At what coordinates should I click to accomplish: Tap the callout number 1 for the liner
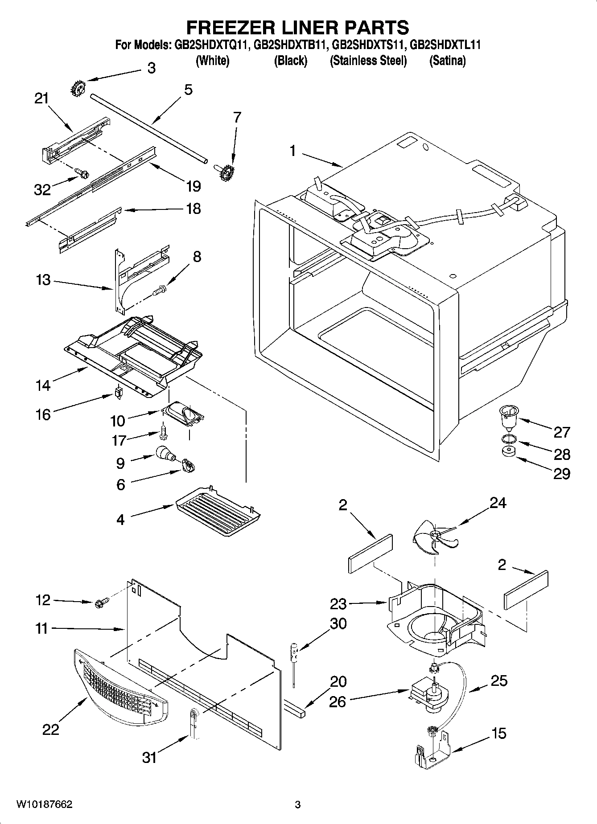pyautogui.click(x=292, y=152)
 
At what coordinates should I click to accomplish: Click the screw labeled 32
pyautogui.click(x=82, y=172)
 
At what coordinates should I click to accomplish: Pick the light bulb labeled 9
pyautogui.click(x=164, y=454)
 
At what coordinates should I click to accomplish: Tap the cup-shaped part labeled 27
pyautogui.click(x=507, y=417)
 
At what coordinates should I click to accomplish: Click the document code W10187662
pyautogui.click(x=44, y=804)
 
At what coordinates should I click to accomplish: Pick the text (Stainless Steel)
pyautogui.click(x=368, y=61)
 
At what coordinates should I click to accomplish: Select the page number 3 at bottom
pyautogui.click(x=298, y=804)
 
